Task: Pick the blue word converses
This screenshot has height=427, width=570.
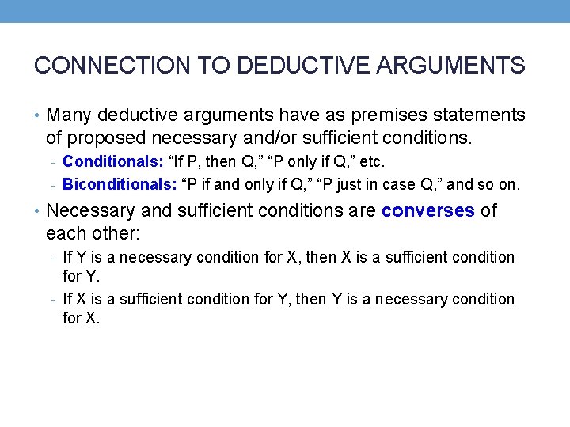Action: [428, 211]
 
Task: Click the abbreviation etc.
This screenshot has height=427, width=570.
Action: [372, 162]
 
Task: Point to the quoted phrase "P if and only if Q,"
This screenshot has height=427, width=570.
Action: [253, 185]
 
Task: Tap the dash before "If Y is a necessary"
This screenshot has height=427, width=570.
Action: [51, 258]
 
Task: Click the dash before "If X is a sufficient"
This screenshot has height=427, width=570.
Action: [51, 300]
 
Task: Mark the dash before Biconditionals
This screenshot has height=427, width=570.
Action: [51, 186]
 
